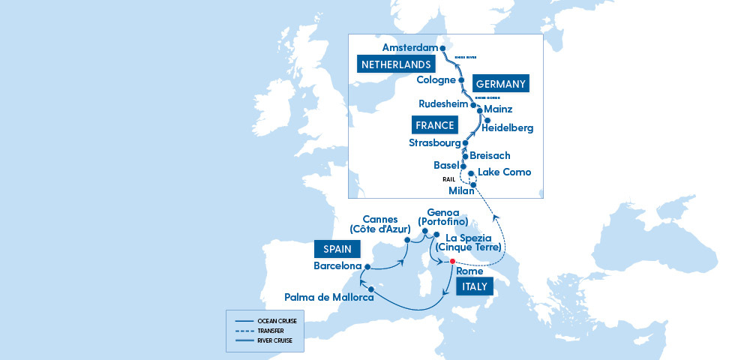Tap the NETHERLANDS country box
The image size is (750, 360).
tap(396, 64)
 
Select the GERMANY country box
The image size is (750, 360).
tap(500, 83)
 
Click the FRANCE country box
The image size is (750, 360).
tap(433, 125)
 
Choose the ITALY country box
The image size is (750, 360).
tap(474, 286)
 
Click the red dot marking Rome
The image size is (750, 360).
tap(452, 262)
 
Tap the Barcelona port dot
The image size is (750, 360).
tap(367, 266)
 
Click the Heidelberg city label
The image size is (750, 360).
tap(507, 128)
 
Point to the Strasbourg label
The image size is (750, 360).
tap(433, 142)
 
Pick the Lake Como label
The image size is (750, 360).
tap(504, 172)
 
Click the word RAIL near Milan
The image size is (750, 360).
tap(449, 179)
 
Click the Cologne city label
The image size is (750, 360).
tap(435, 79)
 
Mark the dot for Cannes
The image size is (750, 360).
tap(407, 240)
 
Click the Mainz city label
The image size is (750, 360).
tap(500, 109)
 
